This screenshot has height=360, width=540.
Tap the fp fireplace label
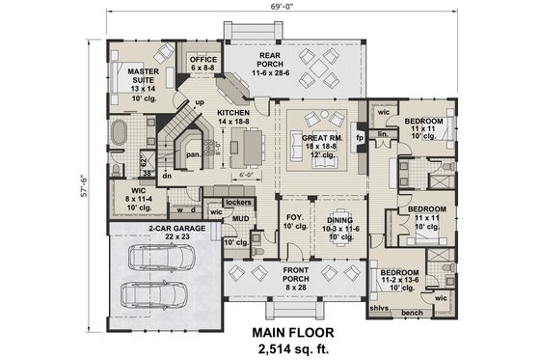pyautogui.click(x=361, y=138)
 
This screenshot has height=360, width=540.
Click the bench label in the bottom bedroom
pyautogui.click(x=412, y=314)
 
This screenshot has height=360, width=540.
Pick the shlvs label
pyautogui.click(x=379, y=309)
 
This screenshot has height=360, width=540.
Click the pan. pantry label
pyautogui.click(x=193, y=152)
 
